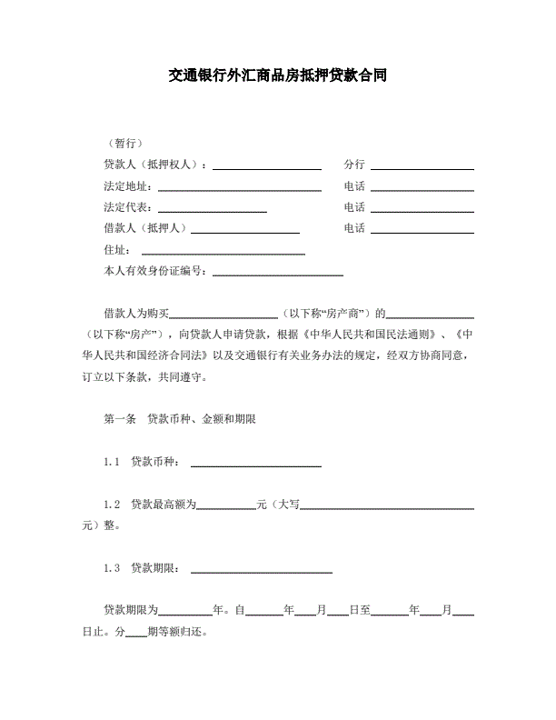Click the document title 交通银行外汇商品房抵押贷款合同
[x=278, y=75]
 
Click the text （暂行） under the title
[x=124, y=144]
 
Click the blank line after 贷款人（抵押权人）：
[x=266, y=166]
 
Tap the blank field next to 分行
[x=422, y=166]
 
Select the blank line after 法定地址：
[x=239, y=188]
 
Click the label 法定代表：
[x=130, y=208]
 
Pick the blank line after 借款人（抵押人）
[x=244, y=230]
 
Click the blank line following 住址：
[x=223, y=252]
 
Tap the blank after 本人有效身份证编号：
[x=277, y=273]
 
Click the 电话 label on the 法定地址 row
[x=354, y=186]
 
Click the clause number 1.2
[x=112, y=504]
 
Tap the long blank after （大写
[x=387, y=506]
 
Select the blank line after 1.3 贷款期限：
[x=261, y=570]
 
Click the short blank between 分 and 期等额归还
[x=135, y=634]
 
